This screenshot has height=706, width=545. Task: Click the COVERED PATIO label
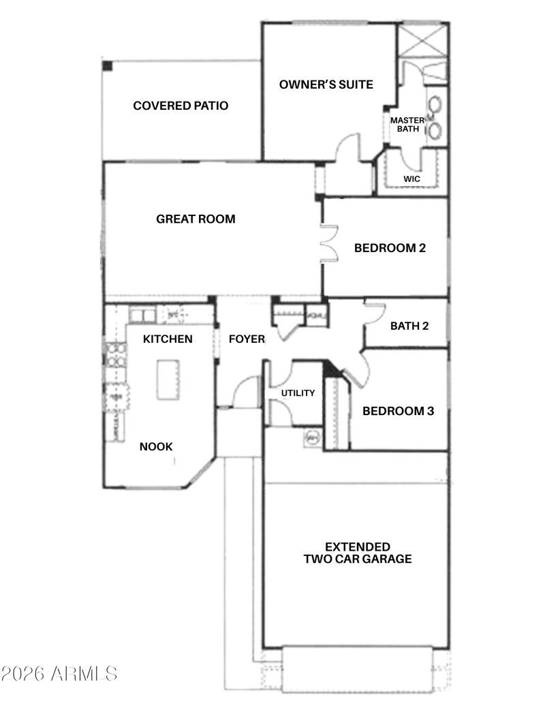coord(181,106)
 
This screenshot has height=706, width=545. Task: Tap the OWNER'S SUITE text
coord(326,85)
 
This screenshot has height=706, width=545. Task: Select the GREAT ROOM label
coord(196,219)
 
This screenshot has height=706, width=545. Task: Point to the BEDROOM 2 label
coord(390,247)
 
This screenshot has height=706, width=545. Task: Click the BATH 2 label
coord(409,326)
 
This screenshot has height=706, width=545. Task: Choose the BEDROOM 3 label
coord(398,411)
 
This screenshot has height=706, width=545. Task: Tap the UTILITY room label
coord(298,393)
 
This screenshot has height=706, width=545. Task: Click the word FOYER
coord(247,339)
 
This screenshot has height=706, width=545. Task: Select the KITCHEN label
coord(168,339)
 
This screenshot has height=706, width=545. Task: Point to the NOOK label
coord(156,447)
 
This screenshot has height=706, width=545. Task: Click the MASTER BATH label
coord(407,125)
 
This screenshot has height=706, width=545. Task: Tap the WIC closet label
coord(411,179)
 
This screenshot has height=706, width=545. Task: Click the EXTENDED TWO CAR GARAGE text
coord(358,553)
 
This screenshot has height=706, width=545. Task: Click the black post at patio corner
coord(108,65)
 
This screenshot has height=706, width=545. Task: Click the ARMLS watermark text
coord(59,674)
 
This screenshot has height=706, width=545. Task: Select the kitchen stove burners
coord(115,356)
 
